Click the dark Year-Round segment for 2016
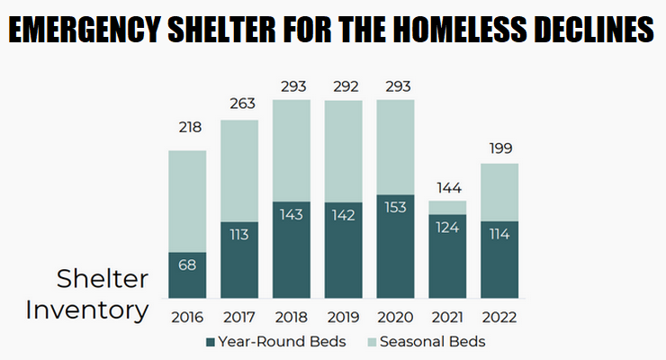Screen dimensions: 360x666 pos(187,275)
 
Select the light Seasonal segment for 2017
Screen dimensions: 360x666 pos(239,170)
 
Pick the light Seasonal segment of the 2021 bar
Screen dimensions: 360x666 pos(447,207)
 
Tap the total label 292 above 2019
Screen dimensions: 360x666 pos(344,86)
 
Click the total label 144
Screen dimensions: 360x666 pos(447,187)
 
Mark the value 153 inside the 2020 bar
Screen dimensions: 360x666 pos(396,209)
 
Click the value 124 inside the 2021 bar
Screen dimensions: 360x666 pos(447,227)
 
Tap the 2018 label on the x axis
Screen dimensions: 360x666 pos(292,317)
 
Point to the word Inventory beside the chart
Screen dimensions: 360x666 pos(86,310)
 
